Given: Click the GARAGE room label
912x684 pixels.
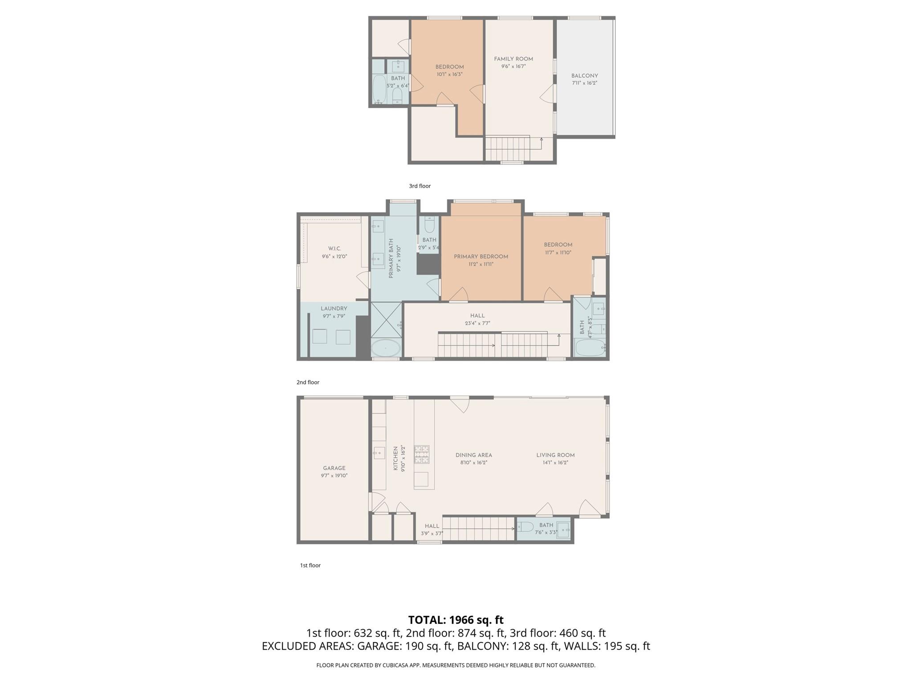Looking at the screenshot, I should (334, 468).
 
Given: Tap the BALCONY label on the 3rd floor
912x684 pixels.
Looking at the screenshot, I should (584, 76).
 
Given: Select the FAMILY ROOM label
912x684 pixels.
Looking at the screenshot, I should (513, 59).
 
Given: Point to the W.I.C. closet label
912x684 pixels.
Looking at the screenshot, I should (334, 248).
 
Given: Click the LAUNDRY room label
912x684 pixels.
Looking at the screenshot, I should (334, 309).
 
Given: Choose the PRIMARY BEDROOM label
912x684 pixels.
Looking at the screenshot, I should (480, 256).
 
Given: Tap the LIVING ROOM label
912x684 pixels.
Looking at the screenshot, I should (555, 455).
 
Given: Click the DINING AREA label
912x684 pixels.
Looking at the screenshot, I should (473, 455).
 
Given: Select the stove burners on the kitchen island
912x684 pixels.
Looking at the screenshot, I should (422, 454).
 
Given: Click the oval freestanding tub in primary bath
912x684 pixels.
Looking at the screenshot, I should (386, 348).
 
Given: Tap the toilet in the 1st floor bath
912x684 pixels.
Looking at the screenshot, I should (525, 528).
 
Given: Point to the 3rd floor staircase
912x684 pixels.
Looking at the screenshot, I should (507, 149).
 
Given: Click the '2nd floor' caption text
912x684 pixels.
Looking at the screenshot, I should (308, 382).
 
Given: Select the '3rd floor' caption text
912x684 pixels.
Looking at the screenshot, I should (419, 186).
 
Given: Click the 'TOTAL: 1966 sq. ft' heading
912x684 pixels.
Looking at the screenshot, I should (456, 620).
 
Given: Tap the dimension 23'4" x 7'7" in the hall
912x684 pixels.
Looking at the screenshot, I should (477, 323).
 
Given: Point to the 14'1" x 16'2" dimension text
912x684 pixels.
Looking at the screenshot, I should (555, 463).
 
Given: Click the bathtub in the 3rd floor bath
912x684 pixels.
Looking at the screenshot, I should (379, 89).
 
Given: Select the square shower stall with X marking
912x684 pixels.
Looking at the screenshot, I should (386, 320).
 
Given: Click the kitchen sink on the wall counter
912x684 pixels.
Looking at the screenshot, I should (379, 453).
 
